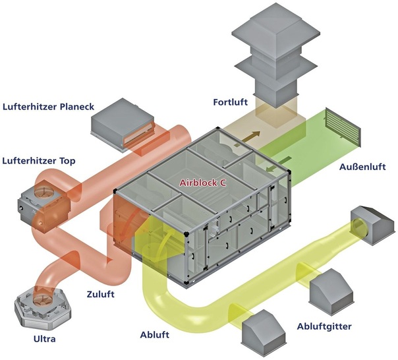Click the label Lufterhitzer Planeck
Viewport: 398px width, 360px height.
point(49,106)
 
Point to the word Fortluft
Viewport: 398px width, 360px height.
point(230,102)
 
